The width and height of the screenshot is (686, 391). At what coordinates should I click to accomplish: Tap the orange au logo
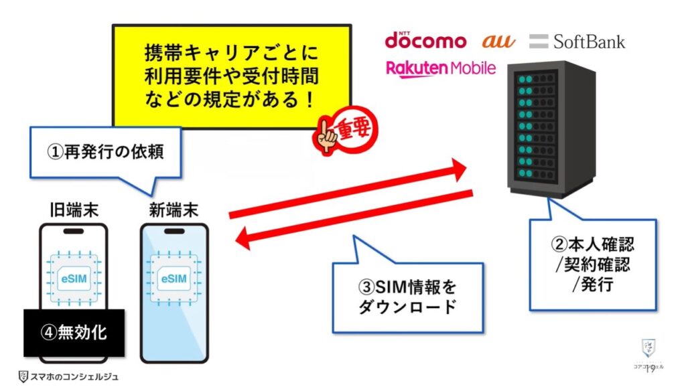click(x=499, y=41)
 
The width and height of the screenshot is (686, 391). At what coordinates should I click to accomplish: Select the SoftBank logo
click(x=577, y=42)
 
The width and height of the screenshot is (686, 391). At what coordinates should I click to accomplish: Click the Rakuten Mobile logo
click(x=441, y=68)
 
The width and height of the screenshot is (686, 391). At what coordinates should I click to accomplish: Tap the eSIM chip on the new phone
click(x=174, y=277)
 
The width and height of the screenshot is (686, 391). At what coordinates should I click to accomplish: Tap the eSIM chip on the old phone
click(x=74, y=277)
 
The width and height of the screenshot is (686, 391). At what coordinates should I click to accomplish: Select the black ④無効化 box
click(x=74, y=332)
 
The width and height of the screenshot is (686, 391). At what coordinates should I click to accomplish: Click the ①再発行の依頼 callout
click(x=106, y=152)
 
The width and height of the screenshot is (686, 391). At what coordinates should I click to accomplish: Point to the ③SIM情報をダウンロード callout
click(x=407, y=297)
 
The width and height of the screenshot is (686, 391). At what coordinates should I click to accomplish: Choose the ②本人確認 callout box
click(x=594, y=264)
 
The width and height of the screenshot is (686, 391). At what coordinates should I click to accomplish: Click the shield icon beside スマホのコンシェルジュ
click(x=23, y=377)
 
